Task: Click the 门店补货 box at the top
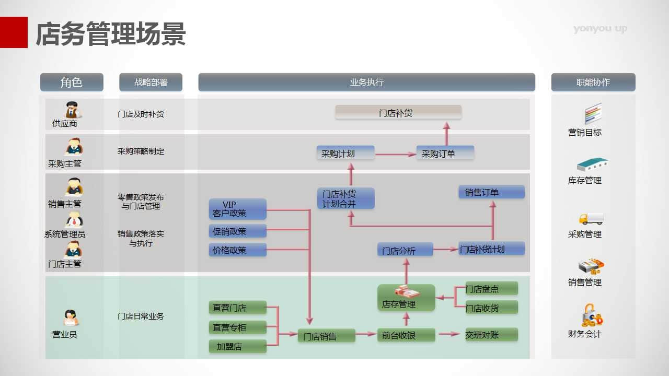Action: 398,112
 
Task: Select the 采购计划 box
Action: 345,153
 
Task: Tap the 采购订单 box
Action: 445,153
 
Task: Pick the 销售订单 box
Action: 491,192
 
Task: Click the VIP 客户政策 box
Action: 237,209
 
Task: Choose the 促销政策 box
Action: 237,231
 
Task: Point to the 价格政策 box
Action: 237,250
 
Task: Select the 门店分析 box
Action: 405,250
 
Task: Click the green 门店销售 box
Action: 327,336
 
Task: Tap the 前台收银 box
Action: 406,335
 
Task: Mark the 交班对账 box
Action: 491,335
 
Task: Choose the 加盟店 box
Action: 237,346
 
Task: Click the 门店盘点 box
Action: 491,288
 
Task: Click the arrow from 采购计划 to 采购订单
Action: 395,154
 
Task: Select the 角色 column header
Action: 72,83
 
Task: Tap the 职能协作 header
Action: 593,83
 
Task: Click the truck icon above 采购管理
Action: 591,218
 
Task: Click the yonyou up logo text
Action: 600,29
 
